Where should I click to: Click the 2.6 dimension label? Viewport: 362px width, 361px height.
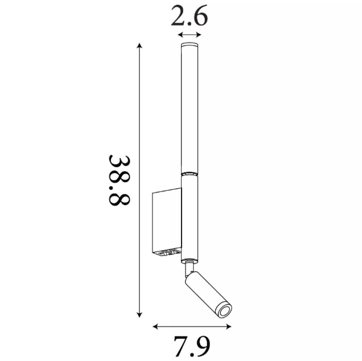tap(189, 16)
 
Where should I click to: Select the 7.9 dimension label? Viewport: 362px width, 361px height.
tap(192, 346)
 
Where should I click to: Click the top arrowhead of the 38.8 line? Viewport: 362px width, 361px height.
tap(139, 46)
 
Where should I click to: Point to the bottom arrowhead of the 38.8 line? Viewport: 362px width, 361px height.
tap(139, 315)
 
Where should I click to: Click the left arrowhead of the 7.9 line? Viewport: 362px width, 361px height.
tap(155, 326)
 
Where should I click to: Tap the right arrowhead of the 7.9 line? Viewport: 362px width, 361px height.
tap(228, 326)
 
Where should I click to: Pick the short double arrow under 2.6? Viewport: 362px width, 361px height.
tap(190, 35)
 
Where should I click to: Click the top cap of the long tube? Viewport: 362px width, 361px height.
tap(190, 45)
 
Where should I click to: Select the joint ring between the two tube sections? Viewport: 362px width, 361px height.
tap(190, 174)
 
